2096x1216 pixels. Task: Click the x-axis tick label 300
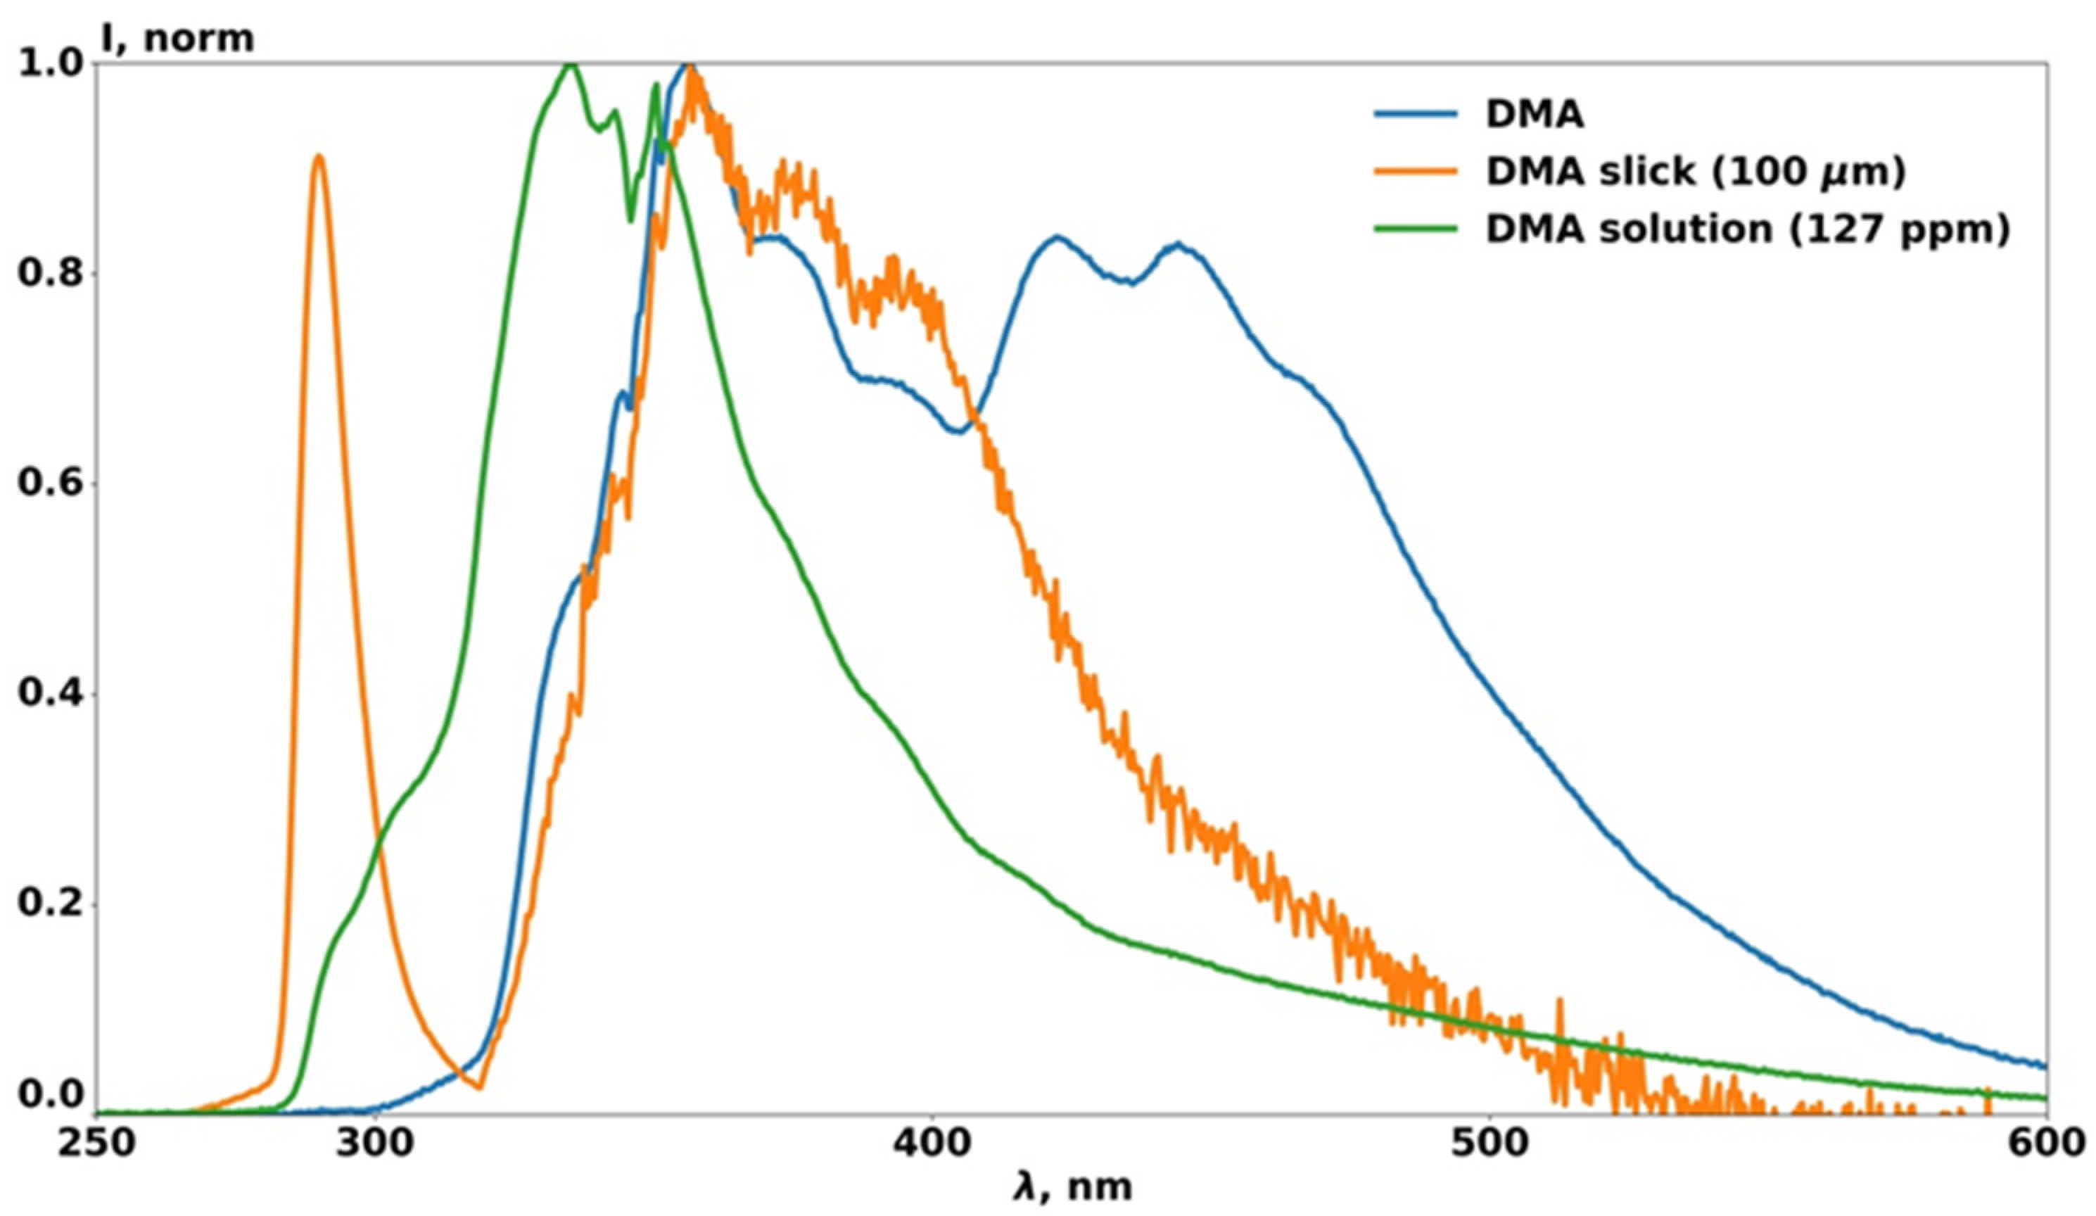[x=376, y=1144]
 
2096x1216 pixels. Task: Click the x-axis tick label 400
[x=932, y=1144]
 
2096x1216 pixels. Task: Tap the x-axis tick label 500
[x=1488, y=1144]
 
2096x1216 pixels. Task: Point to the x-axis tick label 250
[x=96, y=1144]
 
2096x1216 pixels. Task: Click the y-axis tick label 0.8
[x=51, y=274]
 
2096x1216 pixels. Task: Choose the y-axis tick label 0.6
[x=51, y=484]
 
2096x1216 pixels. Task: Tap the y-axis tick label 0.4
[x=51, y=695]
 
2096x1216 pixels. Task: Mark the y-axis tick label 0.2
[x=51, y=905]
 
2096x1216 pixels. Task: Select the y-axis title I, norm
[x=177, y=37]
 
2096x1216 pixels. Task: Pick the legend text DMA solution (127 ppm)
[x=1746, y=229]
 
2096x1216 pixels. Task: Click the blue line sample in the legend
[x=1416, y=115]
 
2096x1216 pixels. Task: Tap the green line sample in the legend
[x=1416, y=229]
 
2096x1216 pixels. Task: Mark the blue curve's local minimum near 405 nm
[x=960, y=431]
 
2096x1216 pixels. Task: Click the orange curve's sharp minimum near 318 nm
[x=479, y=1088]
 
